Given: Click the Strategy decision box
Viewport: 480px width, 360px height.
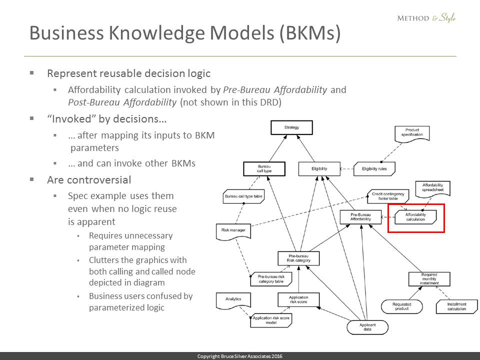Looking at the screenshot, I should click(x=291, y=128).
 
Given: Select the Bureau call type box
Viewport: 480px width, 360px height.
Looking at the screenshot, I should click(x=264, y=169).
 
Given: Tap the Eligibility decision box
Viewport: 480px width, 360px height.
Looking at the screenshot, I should click(x=319, y=169).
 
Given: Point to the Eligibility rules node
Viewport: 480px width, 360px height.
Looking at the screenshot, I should click(x=374, y=169).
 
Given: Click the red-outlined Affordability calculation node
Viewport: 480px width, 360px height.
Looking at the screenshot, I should click(x=415, y=217).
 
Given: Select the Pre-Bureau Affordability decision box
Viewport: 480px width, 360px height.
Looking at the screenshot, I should click(x=360, y=217).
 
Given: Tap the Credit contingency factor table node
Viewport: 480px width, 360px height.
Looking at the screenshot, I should click(x=388, y=195).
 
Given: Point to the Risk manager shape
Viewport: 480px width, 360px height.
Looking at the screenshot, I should click(x=233, y=231).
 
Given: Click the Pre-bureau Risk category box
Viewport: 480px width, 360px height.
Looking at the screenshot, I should click(x=298, y=258).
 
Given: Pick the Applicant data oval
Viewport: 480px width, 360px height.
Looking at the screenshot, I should click(x=367, y=327).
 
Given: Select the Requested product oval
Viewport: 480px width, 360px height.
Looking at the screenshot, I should click(x=401, y=306).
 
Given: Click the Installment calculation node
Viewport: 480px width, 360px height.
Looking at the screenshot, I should click(x=456, y=306).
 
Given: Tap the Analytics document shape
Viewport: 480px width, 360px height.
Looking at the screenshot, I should click(x=233, y=300).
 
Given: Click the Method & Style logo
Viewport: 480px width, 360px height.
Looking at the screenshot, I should click(x=426, y=18).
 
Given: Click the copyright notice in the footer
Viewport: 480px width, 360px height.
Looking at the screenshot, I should click(x=240, y=356).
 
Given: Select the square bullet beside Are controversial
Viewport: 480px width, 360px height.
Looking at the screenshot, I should click(x=32, y=179).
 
